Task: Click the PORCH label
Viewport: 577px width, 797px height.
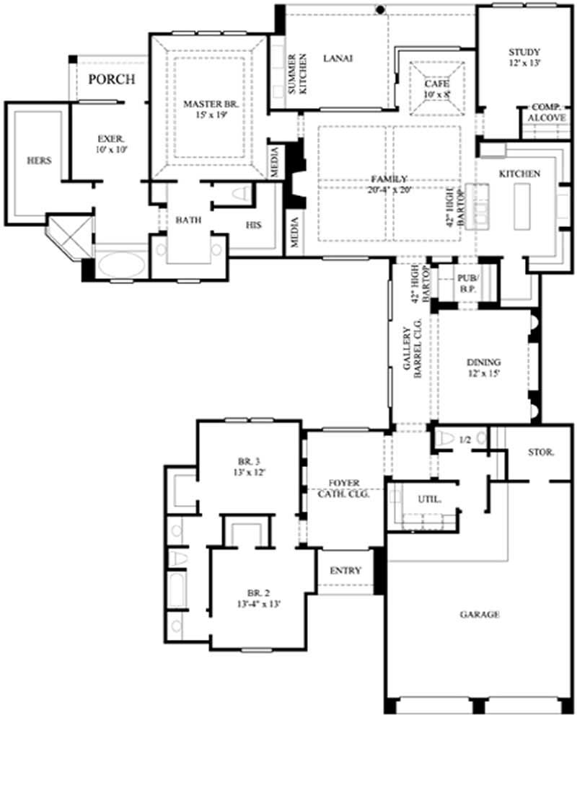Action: [x=111, y=79]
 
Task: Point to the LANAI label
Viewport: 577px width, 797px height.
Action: [x=337, y=59]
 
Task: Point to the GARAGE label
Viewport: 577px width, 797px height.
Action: [x=480, y=615]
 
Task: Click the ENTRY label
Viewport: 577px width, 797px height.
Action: [x=345, y=570]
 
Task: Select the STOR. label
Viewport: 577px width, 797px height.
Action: [x=540, y=453]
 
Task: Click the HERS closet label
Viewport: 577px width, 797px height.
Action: [x=38, y=161]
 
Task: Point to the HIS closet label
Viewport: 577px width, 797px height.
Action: [x=252, y=224]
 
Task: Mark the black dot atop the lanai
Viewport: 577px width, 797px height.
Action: [x=379, y=9]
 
